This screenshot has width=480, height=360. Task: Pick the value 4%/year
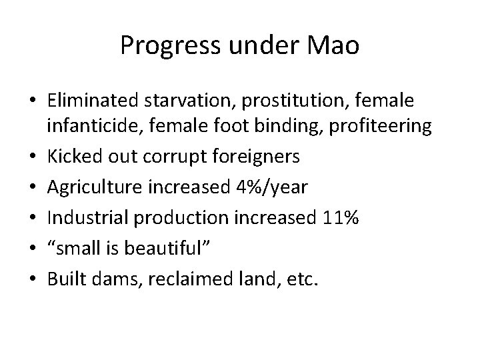(x=273, y=187)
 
